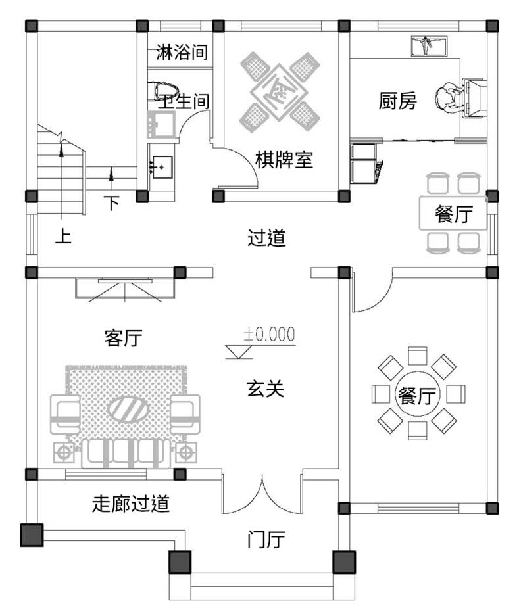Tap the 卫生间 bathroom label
tap(184, 102)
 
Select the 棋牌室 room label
tap(284, 160)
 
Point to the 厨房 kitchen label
tap(398, 101)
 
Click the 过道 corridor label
tap(267, 237)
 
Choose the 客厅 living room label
tap(124, 339)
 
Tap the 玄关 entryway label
tap(265, 389)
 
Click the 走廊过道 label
tap(131, 504)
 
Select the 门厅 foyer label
tap(266, 540)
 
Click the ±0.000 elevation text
tap(270, 334)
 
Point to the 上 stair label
tap(62, 236)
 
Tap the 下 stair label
tap(113, 203)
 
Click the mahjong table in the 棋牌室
tap(280, 90)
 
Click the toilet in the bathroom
tap(162, 90)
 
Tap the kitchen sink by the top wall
tap(428, 46)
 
